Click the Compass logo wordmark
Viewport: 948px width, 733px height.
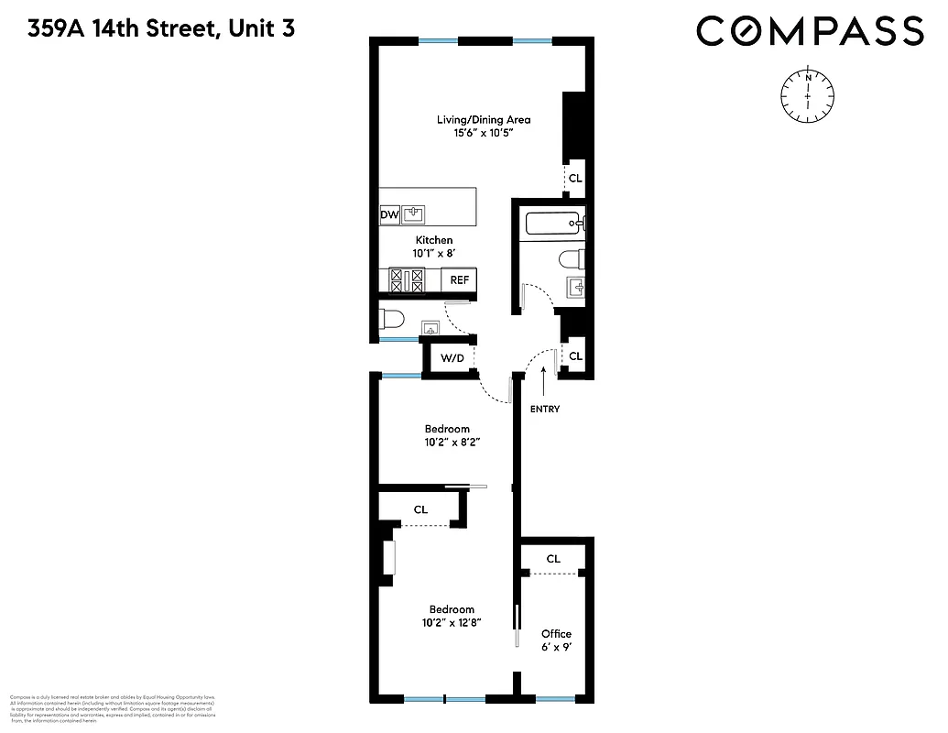tap(810, 31)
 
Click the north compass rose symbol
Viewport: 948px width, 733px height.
tap(808, 95)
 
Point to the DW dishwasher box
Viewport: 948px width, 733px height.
tap(389, 215)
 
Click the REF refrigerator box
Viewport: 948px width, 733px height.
tap(459, 280)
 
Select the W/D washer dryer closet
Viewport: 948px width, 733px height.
tap(452, 357)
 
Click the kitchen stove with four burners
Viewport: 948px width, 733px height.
tap(407, 280)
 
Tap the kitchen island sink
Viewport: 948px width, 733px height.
tap(414, 215)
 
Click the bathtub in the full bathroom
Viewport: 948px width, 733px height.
tap(552, 223)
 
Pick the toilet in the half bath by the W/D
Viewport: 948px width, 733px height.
tap(392, 320)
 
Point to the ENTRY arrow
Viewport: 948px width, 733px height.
tap(544, 377)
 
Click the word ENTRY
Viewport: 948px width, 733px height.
tap(544, 409)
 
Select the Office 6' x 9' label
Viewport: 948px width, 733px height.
tap(556, 640)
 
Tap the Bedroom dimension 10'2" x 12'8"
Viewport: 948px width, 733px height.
tap(452, 622)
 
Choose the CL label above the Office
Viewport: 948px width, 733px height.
tap(553, 559)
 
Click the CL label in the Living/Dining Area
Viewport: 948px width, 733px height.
tap(574, 179)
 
